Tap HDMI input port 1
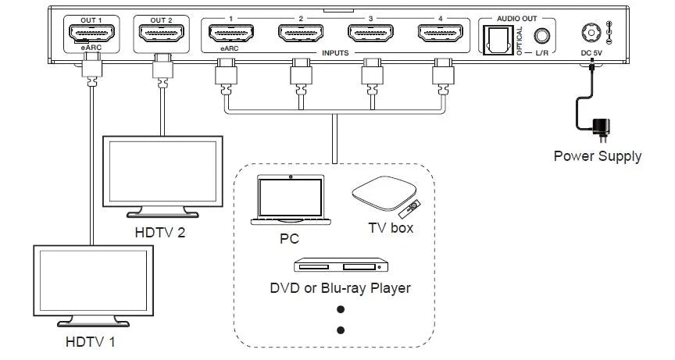(x=230, y=35)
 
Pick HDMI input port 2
(x=301, y=35)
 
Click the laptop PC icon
(x=289, y=201)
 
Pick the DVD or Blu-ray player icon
(x=340, y=267)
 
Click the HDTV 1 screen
(x=82, y=283)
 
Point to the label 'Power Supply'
(x=598, y=155)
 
